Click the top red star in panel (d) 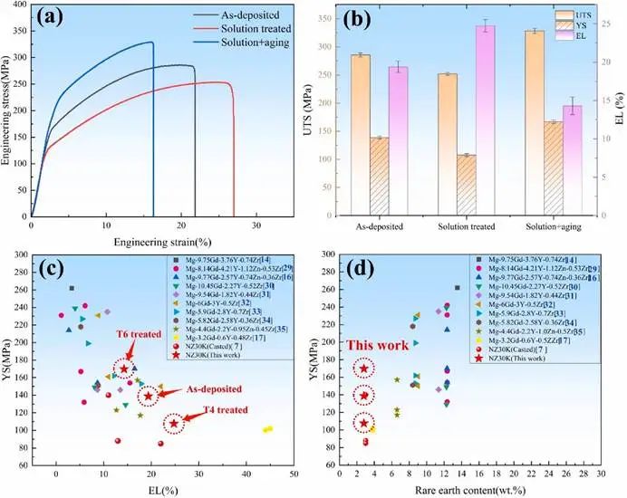coord(364,369)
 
